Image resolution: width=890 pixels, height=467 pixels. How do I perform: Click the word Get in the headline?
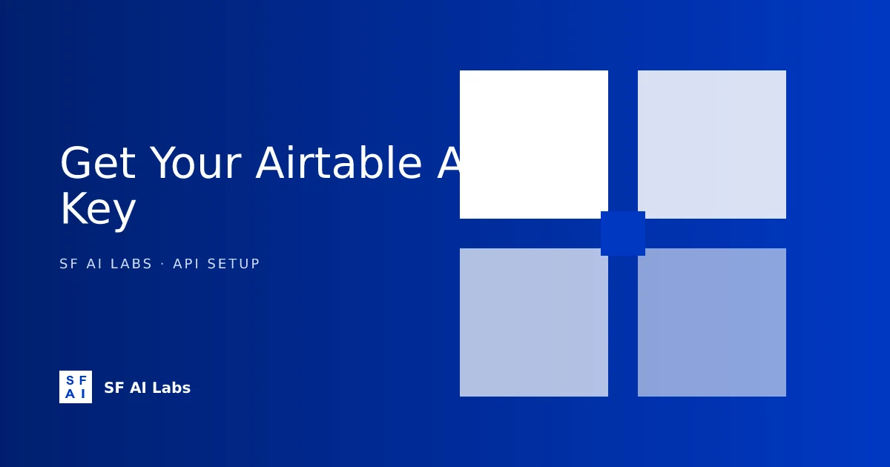point(97,164)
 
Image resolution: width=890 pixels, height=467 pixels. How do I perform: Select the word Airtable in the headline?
point(338,164)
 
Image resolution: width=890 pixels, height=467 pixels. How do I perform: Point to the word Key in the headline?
point(97,210)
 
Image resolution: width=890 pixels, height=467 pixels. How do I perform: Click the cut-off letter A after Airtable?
point(449,164)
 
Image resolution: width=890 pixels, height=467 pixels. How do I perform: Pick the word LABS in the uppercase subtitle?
point(131,264)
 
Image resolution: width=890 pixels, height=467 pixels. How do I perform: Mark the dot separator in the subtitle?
point(162,264)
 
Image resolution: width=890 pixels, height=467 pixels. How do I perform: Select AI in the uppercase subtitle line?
point(94,264)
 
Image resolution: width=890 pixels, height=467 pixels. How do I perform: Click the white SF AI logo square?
point(76,387)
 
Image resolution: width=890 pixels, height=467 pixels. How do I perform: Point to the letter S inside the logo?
point(70,381)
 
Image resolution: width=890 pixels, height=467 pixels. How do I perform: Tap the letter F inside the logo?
point(82,381)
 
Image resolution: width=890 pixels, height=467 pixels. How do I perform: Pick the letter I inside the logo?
point(82,394)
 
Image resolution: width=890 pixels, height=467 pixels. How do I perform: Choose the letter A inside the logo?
point(70,394)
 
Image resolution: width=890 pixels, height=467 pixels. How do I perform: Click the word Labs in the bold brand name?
point(171,388)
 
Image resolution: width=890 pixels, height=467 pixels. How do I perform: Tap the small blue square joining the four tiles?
point(623,233)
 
